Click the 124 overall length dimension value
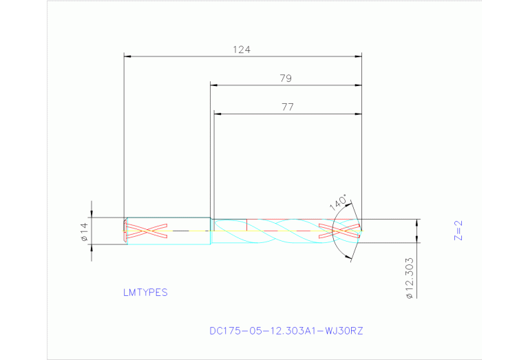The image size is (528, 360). pyautogui.click(x=242, y=50)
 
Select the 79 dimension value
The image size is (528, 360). pyautogui.click(x=286, y=78)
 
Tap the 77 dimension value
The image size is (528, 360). pyautogui.click(x=287, y=107)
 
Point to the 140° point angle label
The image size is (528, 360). pyautogui.click(x=338, y=202)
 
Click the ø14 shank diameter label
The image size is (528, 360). pyautogui.click(x=84, y=232)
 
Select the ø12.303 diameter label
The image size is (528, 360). pyautogui.click(x=409, y=278)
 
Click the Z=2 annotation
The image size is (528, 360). pyautogui.click(x=458, y=231)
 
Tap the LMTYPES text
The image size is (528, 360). pyautogui.click(x=145, y=293)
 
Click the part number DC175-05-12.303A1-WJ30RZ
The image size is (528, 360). pyautogui.click(x=286, y=331)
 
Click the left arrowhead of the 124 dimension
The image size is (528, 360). pyautogui.click(x=127, y=56)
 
